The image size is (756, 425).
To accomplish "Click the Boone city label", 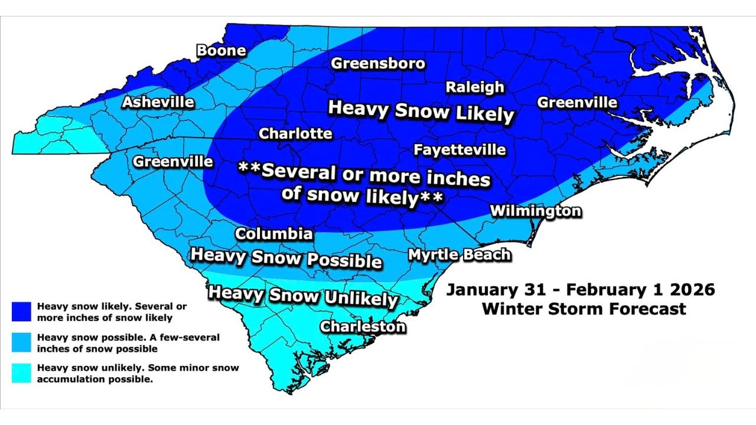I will click(221, 51).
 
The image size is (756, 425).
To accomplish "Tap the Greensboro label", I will click(378, 64).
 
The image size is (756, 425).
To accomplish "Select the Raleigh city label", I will click(475, 87).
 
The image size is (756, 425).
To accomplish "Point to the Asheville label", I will click(158, 102).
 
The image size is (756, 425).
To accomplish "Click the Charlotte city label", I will click(296, 134).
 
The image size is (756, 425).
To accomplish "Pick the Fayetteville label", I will click(460, 150).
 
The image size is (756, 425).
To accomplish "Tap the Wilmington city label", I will click(536, 211).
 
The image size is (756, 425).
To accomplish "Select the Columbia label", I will click(274, 234).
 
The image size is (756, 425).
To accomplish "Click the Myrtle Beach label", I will click(460, 254).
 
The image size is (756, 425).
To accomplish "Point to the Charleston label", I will click(363, 326).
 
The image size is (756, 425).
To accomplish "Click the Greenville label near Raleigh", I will click(577, 103).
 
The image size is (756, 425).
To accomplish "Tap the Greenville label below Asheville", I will click(173, 161).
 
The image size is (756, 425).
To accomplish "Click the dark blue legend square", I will click(21, 312).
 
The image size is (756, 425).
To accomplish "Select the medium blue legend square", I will click(21, 343).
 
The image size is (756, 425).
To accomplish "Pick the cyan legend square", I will click(21, 373).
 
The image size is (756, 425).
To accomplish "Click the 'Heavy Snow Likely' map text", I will click(421, 111).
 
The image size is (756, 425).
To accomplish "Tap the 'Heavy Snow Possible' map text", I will click(286, 257).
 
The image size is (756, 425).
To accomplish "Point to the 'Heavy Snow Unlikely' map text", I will click(303, 295).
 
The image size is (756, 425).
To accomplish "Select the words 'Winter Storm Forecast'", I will click(584, 309).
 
